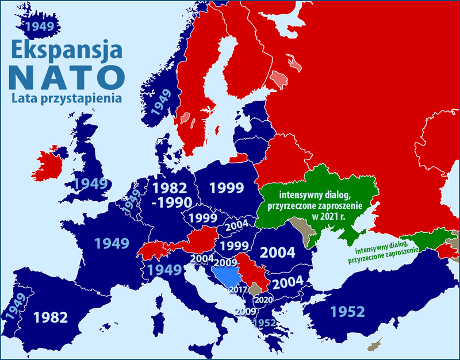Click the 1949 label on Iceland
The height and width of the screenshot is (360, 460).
click(38, 26)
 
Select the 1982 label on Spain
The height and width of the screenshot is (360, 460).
click(51, 316)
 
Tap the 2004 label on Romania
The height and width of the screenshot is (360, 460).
click(278, 252)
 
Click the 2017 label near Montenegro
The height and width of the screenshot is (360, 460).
click(238, 290)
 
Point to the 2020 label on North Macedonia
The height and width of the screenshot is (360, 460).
click(264, 300)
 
